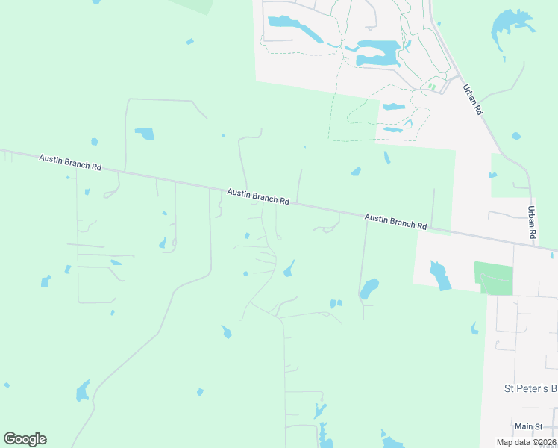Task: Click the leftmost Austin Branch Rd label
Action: pyautogui.click(x=70, y=163)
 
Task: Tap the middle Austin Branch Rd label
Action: pyautogui.click(x=258, y=196)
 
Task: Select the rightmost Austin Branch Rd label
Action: pyautogui.click(x=395, y=221)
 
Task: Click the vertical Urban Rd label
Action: pyautogui.click(x=532, y=223)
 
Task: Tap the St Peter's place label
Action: pyautogui.click(x=530, y=388)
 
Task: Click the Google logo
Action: pyautogui.click(x=25, y=439)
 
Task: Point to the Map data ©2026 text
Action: pyautogui.click(x=526, y=442)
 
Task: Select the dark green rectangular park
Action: pyautogui.click(x=494, y=278)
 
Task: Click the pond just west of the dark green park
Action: pyautogui.click(x=440, y=274)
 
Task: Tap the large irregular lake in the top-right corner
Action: pyautogui.click(x=510, y=30)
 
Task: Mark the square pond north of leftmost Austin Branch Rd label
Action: pyautogui.click(x=144, y=134)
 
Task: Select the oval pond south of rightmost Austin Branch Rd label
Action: pyautogui.click(x=369, y=288)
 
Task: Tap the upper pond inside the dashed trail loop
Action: pyautogui.click(x=393, y=107)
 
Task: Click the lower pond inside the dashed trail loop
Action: pyautogui.click(x=392, y=129)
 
